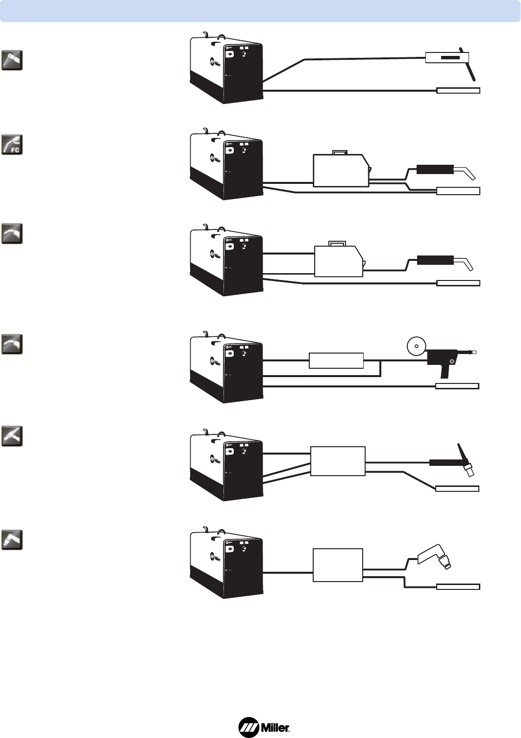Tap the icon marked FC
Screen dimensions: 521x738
[12, 144]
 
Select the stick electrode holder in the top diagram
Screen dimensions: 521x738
[447, 57]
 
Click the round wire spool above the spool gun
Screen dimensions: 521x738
[416, 346]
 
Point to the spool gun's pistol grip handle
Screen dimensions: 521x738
[444, 370]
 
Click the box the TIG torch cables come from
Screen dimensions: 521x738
[338, 461]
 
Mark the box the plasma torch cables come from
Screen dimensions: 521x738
[338, 565]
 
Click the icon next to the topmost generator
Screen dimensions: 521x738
[12, 60]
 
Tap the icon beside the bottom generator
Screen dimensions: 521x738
[12, 539]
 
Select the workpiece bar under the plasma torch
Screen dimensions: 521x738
[458, 586]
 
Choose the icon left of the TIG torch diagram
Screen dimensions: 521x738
[12, 436]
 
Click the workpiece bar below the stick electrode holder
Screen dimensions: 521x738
[458, 90]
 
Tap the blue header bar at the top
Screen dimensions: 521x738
[260, 11]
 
